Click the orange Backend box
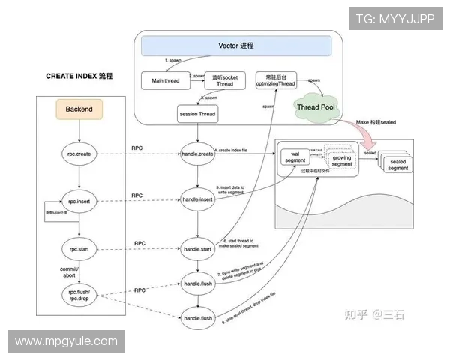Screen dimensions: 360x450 pyautogui.click(x=79, y=109)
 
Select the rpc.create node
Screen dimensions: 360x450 pyautogui.click(x=79, y=154)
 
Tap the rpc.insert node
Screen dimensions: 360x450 pyautogui.click(x=79, y=200)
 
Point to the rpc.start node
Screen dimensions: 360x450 pyautogui.click(x=79, y=247)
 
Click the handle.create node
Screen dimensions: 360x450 pyautogui.click(x=199, y=154)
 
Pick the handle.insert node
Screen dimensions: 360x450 pyautogui.click(x=199, y=200)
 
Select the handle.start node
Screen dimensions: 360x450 pyautogui.click(x=199, y=247)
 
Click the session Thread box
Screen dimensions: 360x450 pyautogui.click(x=198, y=114)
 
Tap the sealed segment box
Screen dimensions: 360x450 pyautogui.click(x=397, y=163)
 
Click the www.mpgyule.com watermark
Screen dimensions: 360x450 pyautogui.click(x=66, y=340)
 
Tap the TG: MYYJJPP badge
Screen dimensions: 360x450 pyautogui.click(x=394, y=19)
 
